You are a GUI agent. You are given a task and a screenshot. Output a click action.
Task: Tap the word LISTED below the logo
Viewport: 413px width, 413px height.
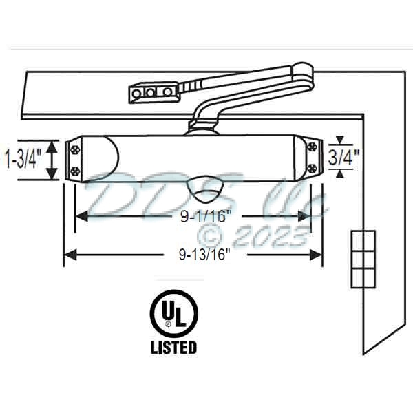(173, 348)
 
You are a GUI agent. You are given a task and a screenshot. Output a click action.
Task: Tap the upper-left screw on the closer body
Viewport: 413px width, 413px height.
(74, 147)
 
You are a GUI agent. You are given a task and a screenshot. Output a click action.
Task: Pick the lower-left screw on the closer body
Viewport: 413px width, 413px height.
(74, 169)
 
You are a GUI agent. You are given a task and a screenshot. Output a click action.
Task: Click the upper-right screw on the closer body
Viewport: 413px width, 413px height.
(313, 147)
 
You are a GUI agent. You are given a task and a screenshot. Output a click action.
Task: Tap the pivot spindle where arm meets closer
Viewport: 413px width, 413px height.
(203, 127)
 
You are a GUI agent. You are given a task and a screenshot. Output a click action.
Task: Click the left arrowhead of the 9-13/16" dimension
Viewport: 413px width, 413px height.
(67, 255)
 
